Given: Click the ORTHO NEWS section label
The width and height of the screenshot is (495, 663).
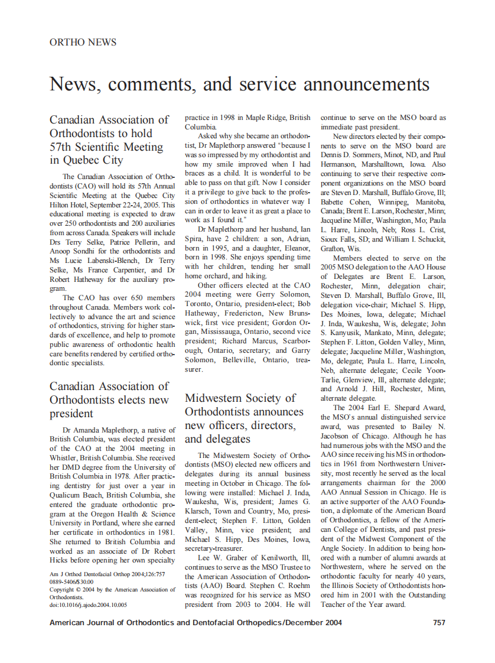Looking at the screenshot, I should coord(83,43).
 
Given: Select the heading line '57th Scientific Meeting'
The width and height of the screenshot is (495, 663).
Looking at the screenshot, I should coord(106,147).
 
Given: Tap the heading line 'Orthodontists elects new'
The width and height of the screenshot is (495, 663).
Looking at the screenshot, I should coord(109,399).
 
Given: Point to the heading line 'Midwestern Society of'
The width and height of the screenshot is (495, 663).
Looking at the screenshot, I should coord(240,398).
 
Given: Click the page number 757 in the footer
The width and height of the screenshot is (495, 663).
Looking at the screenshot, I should coord(439,622).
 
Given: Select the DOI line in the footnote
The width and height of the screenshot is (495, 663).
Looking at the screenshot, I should coord(88,604).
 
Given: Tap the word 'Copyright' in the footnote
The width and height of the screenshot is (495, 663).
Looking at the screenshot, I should coord(62,590).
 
